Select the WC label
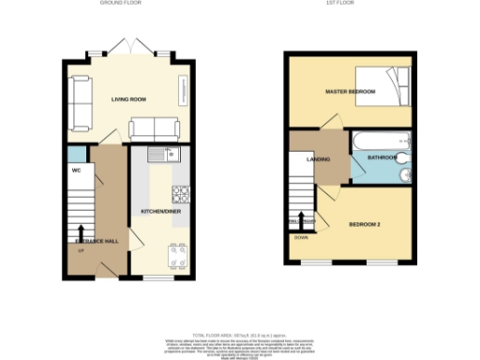[75, 171]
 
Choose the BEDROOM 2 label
[366, 225]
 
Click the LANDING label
[318, 159]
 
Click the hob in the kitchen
[181, 196]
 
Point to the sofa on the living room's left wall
[80, 102]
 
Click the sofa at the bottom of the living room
[154, 128]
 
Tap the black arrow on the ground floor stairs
[81, 232]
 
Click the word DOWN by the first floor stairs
[301, 237]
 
